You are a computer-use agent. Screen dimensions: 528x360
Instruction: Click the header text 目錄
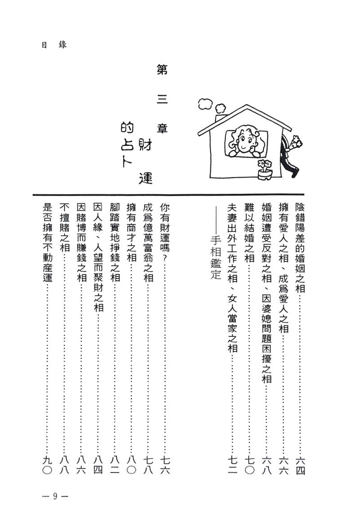click(53, 45)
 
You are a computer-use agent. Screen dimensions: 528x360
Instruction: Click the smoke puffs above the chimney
click(211, 104)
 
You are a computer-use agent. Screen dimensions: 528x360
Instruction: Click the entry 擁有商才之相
click(131, 233)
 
